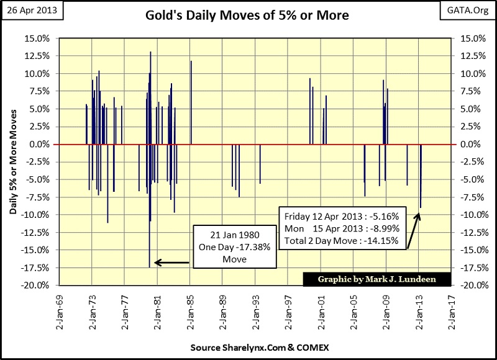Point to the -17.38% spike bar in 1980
pos(150,248)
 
